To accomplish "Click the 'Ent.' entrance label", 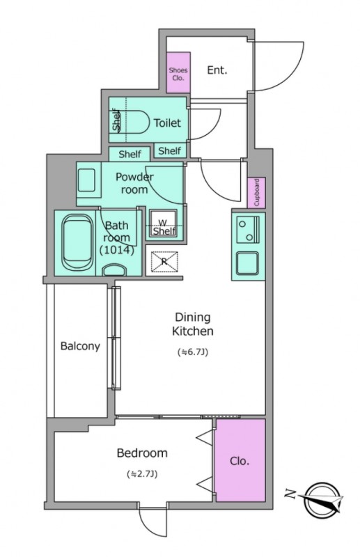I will (217, 70).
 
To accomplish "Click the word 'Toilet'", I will (167, 123).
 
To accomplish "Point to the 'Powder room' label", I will (134, 182).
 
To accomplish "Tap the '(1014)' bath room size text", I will (116, 249).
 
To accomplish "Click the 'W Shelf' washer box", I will (164, 226).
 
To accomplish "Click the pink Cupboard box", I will (256, 192).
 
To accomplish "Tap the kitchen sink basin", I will (247, 264).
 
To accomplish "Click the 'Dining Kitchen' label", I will (193, 324).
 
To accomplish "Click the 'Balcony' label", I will (79, 346).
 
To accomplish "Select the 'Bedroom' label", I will (141, 453).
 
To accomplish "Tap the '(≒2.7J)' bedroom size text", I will (141, 475).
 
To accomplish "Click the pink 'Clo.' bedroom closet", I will (240, 461).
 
